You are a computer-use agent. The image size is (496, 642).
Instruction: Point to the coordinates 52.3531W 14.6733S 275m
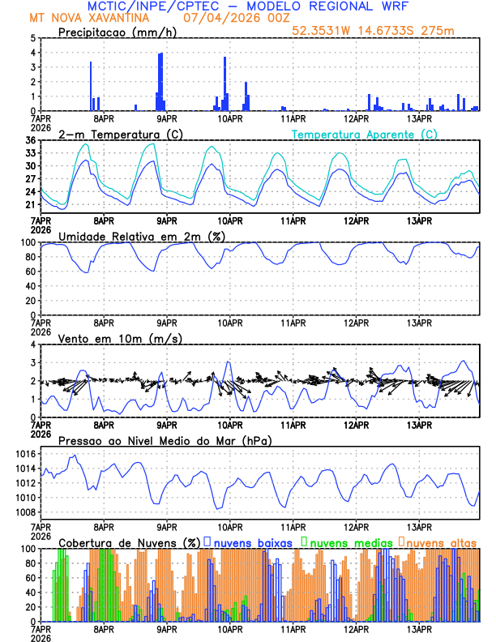(x=385, y=31)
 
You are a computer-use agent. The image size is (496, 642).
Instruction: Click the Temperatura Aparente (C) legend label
(x=364, y=134)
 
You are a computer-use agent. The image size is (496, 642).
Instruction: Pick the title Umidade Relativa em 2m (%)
(x=142, y=236)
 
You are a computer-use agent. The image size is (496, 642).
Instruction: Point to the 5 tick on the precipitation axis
(x=32, y=38)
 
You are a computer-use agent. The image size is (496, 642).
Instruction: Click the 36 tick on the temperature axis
(x=30, y=140)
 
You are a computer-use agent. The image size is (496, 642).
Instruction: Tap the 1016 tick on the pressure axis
(x=25, y=454)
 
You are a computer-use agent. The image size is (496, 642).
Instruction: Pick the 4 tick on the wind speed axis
(x=32, y=345)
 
